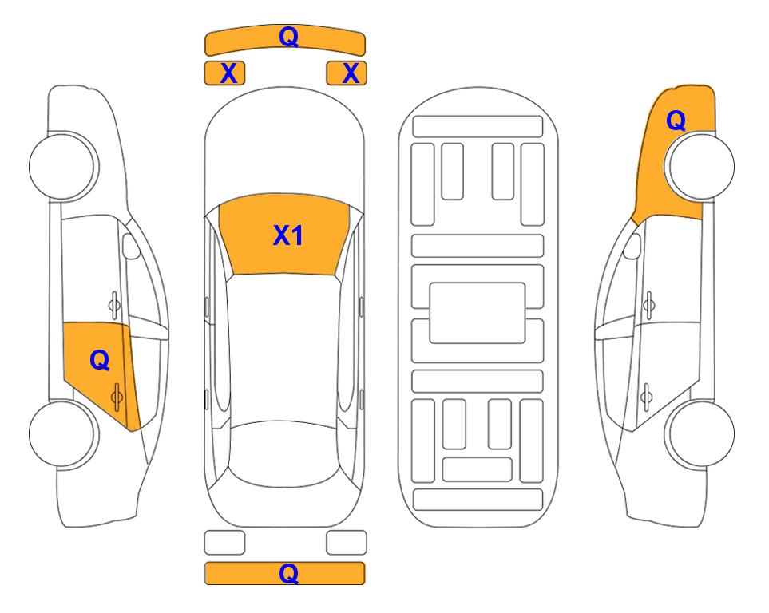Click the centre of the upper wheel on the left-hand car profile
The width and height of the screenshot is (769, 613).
pyautogui.click(x=61, y=166)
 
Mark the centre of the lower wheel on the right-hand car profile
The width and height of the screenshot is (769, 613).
pyautogui.click(x=702, y=433)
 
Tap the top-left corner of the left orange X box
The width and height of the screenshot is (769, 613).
pyautogui.click(x=204, y=61)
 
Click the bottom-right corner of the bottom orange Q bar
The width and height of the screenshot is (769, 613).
pyautogui.click(x=365, y=584)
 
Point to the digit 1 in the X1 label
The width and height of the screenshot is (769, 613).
pyautogui.click(x=297, y=235)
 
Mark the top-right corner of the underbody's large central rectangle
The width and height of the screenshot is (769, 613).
pyautogui.click(x=525, y=283)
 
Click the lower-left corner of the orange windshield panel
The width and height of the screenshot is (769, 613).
pyautogui.click(x=232, y=275)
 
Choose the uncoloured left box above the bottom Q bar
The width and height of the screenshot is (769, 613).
pyautogui.click(x=224, y=543)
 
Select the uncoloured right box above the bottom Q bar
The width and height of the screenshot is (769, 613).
pyautogui.click(x=347, y=543)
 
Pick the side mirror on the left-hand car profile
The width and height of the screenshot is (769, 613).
pyautogui.click(x=130, y=246)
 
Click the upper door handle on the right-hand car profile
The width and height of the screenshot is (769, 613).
pyautogui.click(x=649, y=305)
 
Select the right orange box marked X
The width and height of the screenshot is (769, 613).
pyautogui.click(x=347, y=73)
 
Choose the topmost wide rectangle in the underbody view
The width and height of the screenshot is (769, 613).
pyautogui.click(x=478, y=127)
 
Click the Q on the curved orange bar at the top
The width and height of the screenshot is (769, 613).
pyautogui.click(x=288, y=36)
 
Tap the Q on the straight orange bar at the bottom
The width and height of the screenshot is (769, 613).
pyautogui.click(x=288, y=573)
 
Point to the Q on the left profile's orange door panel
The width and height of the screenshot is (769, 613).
pyautogui.click(x=100, y=361)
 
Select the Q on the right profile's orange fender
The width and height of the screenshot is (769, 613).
pyautogui.click(x=676, y=121)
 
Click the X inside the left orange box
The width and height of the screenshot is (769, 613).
pyautogui.click(x=228, y=73)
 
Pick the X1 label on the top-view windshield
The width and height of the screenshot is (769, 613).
pyautogui.click(x=288, y=235)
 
